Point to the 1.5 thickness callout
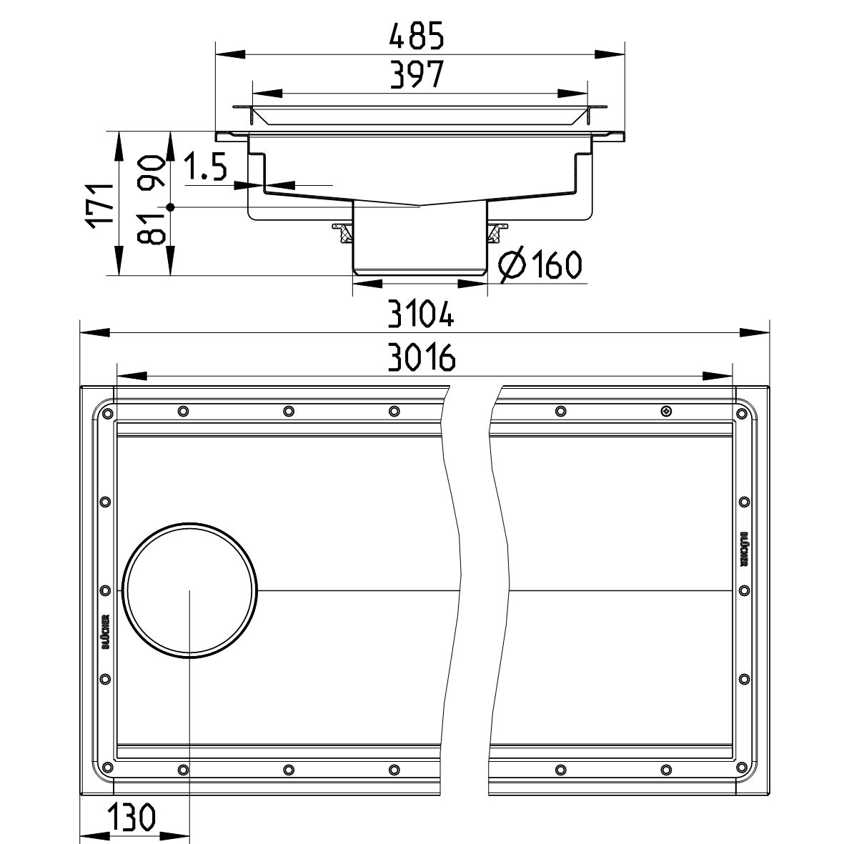tap(206, 167)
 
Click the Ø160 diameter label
tap(540, 264)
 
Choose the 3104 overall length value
tap(421, 314)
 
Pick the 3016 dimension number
tap(422, 357)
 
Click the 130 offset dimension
tap(132, 817)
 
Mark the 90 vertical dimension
tap(151, 171)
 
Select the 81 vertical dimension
tap(151, 229)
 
